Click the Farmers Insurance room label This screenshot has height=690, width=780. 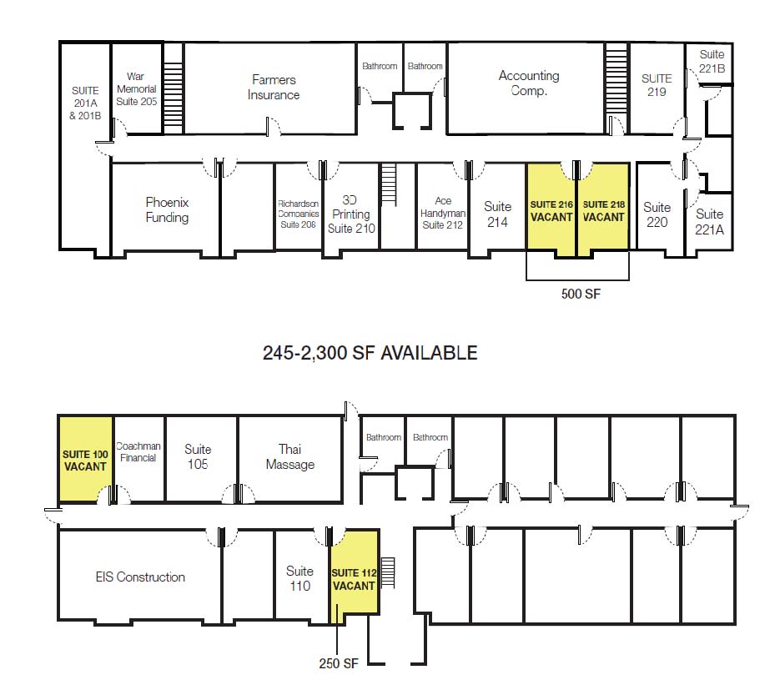tap(274, 87)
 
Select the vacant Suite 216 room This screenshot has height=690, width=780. tap(551, 209)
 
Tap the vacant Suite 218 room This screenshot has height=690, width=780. tap(603, 209)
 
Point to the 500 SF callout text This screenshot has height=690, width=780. tap(581, 294)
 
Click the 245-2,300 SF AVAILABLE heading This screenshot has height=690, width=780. tap(370, 353)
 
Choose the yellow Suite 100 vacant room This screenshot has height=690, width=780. tap(86, 459)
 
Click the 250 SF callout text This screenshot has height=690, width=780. tap(338, 663)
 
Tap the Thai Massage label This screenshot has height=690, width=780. tap(290, 456)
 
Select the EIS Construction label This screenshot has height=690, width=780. tap(140, 577)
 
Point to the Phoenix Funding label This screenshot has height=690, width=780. tap(167, 210)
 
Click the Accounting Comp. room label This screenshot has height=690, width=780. tap(529, 83)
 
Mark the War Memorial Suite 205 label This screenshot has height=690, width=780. tap(136, 89)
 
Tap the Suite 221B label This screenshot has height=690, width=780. tap(712, 61)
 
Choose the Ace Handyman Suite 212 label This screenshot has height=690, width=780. tap(443, 213)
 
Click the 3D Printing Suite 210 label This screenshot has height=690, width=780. tap(351, 214)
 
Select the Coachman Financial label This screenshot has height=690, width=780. tap(138, 451)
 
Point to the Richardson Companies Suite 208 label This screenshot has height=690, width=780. tap(299, 214)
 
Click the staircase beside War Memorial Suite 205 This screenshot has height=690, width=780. tap(174, 88)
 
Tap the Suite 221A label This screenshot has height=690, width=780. tap(709, 221)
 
